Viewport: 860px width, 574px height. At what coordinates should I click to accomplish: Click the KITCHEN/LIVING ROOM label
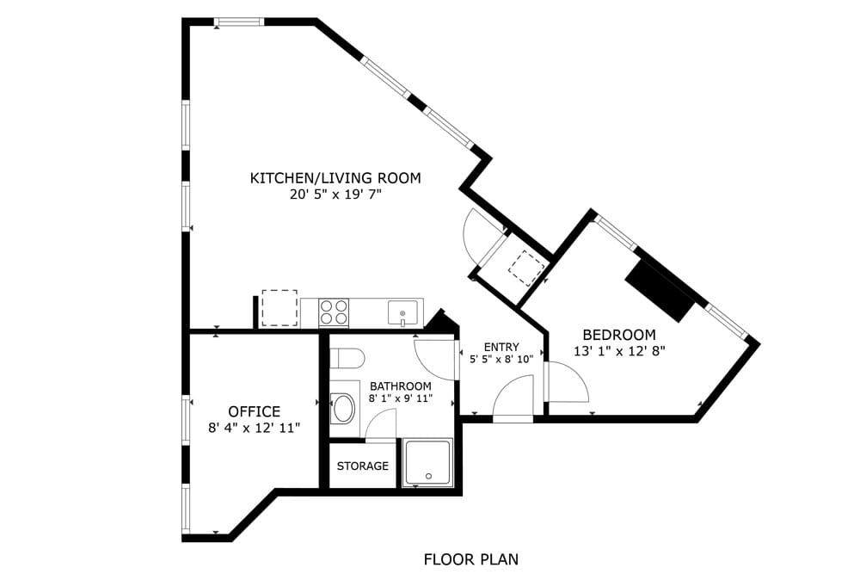tap(335, 178)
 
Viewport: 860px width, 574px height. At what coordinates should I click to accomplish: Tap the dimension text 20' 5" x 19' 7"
tap(335, 195)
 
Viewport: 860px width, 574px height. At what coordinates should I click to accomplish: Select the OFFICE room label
tap(254, 411)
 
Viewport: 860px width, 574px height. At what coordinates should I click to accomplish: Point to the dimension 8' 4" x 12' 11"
tap(254, 427)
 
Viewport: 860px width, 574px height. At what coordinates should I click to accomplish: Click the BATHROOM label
tap(400, 386)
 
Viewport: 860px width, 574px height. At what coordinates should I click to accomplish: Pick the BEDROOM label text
tap(619, 335)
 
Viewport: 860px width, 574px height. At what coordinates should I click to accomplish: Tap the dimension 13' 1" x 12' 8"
tap(619, 350)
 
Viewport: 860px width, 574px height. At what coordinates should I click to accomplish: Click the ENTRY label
tap(501, 347)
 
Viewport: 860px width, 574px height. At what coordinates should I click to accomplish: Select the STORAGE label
tap(362, 466)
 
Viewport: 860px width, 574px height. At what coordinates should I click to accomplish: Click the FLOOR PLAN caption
tap(470, 559)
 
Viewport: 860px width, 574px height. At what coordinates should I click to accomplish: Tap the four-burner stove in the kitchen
tap(334, 312)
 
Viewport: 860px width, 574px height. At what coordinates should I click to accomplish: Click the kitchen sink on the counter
tap(402, 312)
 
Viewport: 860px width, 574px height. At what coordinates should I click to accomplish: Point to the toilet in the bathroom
tap(347, 358)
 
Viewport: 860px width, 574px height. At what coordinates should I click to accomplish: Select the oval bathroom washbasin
tap(344, 408)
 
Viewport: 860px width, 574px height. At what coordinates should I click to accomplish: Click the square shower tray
tap(427, 464)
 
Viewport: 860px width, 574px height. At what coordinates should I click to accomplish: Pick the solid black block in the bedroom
tap(660, 291)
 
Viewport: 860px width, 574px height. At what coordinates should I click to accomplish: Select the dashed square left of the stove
tap(279, 308)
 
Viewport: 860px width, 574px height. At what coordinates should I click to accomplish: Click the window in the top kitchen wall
tap(239, 22)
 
